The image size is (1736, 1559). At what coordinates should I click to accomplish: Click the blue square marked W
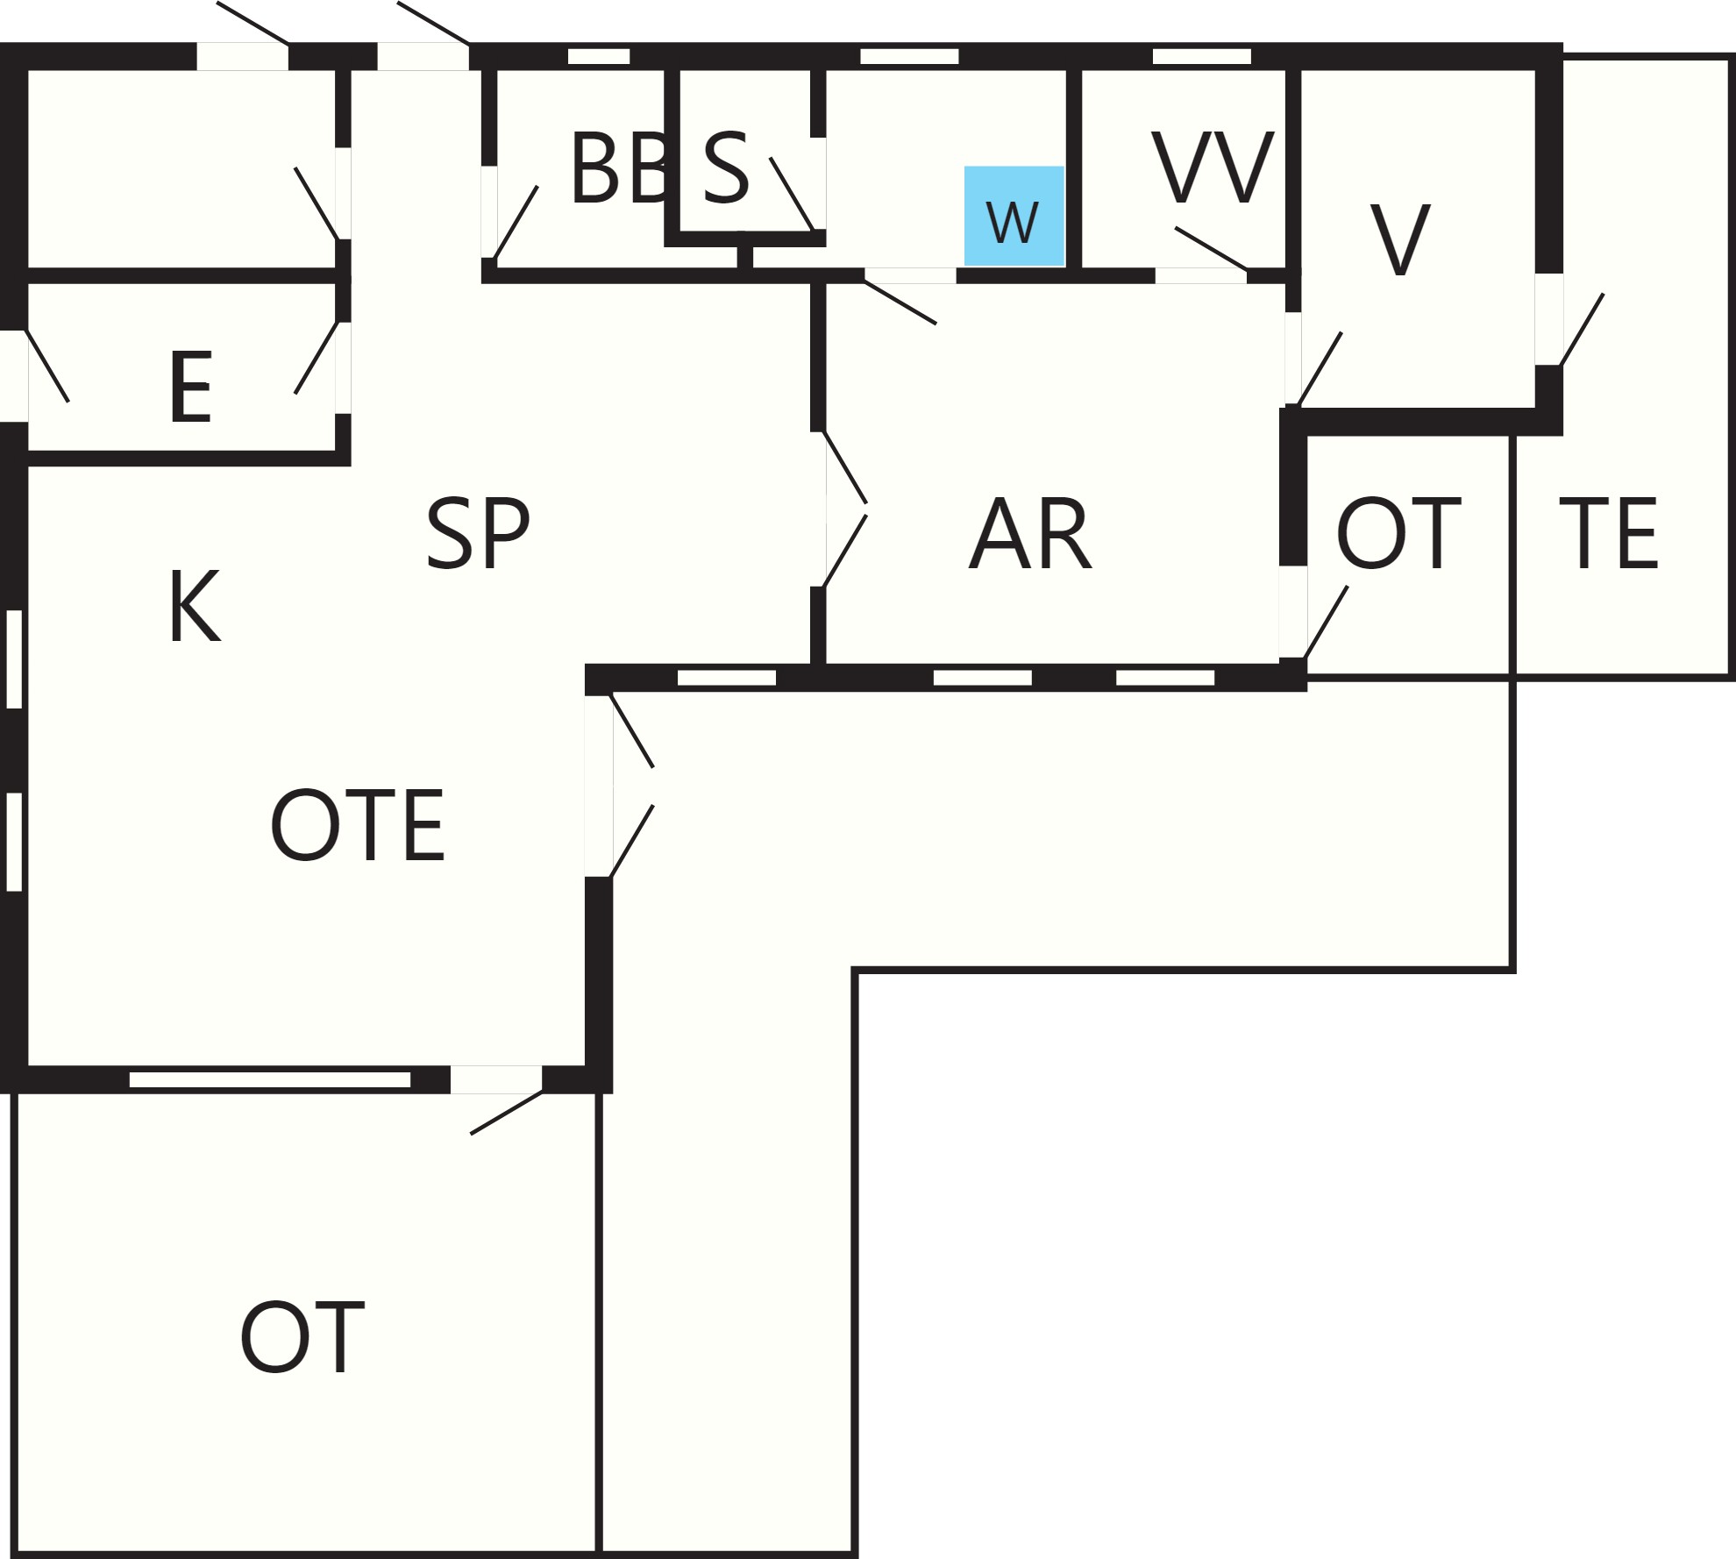pyautogui.click(x=1014, y=216)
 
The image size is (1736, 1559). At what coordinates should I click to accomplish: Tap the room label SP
pyautogui.click(x=478, y=533)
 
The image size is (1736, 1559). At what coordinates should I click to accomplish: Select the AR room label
pyautogui.click(x=1031, y=533)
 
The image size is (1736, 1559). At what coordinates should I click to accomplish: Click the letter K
pyautogui.click(x=195, y=606)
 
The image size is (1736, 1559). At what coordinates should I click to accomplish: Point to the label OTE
pyautogui.click(x=358, y=825)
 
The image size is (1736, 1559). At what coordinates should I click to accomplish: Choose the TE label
pyautogui.click(x=1608, y=533)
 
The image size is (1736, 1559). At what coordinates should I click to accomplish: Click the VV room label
pyautogui.click(x=1213, y=167)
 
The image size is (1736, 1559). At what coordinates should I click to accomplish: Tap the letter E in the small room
pyautogui.click(x=191, y=387)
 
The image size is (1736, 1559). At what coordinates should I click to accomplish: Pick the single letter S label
pyautogui.click(x=727, y=168)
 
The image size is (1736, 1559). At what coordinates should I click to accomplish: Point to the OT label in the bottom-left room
pyautogui.click(x=302, y=1337)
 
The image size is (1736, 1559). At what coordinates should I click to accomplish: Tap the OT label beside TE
pyautogui.click(x=1398, y=533)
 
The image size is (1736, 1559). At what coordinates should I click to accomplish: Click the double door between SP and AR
pyautogui.click(x=845, y=509)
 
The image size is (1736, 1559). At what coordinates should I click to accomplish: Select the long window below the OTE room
pyautogui.click(x=270, y=1079)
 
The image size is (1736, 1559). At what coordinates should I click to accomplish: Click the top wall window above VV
pyautogui.click(x=1201, y=56)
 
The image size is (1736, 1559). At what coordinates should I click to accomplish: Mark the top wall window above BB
pyautogui.click(x=599, y=56)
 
